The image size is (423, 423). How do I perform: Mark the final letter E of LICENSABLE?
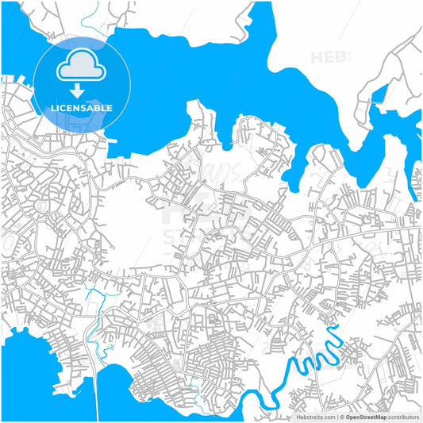pos(110,108)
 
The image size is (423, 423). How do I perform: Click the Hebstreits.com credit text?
pos(316,416)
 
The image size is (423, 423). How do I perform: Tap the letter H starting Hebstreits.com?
pos(298,416)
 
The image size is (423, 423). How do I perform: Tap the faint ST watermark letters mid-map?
pos(176,236)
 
